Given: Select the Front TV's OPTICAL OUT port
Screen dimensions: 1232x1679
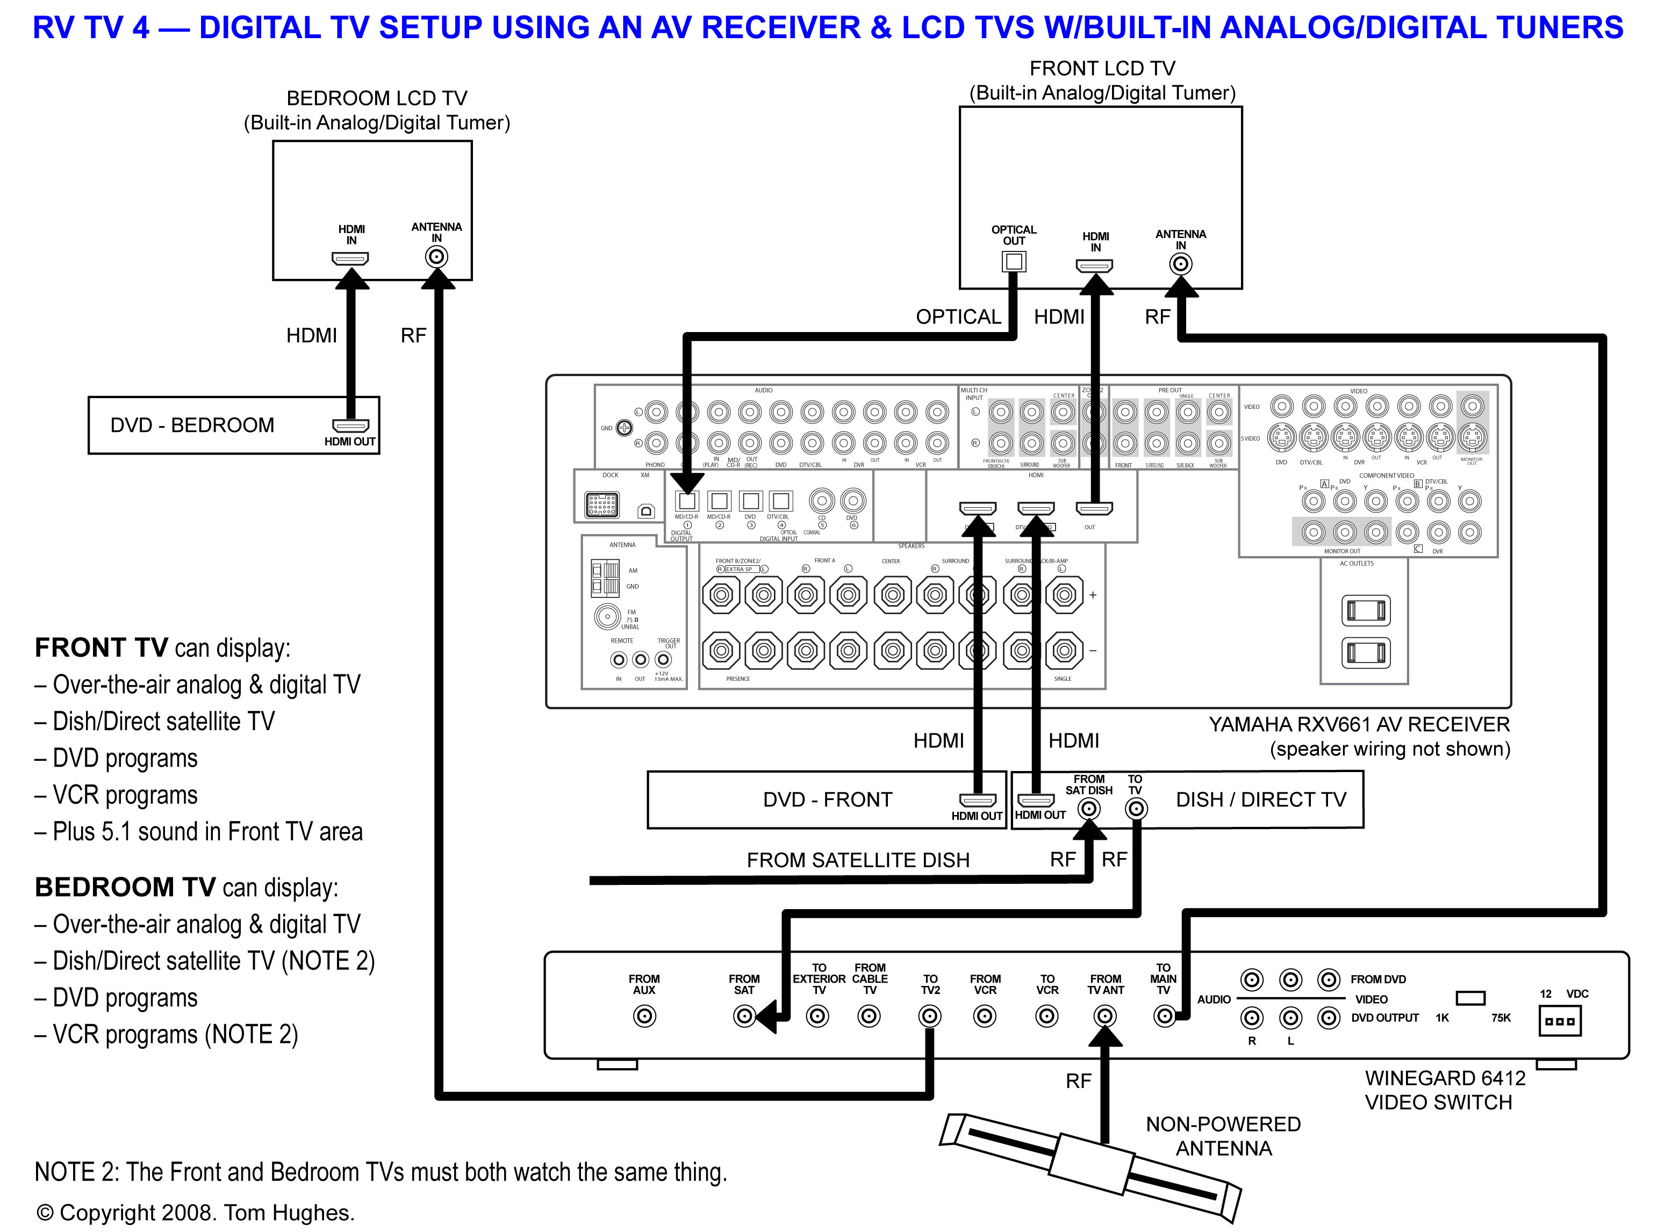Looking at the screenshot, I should pyautogui.click(x=1013, y=261).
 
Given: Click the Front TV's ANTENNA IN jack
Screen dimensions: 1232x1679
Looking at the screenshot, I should pyautogui.click(x=1180, y=264).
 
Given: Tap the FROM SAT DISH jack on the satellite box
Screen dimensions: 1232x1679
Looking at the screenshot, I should pyautogui.click(x=1089, y=809).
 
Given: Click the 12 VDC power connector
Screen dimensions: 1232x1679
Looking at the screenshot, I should pyautogui.click(x=1559, y=1021).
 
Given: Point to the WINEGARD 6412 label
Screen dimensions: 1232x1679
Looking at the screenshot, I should pyautogui.click(x=1445, y=1078).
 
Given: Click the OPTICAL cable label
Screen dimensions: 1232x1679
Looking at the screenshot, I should pyautogui.click(x=958, y=317).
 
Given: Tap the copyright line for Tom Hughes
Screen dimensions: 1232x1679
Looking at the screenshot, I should pyautogui.click(x=196, y=1213).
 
